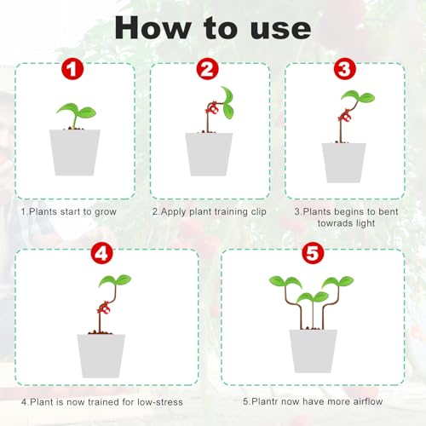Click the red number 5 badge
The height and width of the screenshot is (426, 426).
tap(312, 253)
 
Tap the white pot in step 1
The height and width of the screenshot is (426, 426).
tap(76, 152)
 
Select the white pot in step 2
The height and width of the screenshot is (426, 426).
tap(209, 153)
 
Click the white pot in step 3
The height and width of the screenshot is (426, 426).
tap(343, 162)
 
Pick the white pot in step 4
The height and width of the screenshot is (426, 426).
tap(101, 354)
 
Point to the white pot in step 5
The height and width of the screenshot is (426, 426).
tap(313, 350)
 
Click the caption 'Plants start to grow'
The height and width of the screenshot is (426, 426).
tap(74, 210)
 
